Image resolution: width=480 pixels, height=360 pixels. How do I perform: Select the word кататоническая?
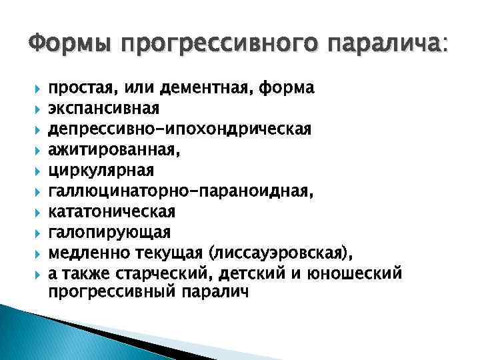[x=112, y=211]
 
